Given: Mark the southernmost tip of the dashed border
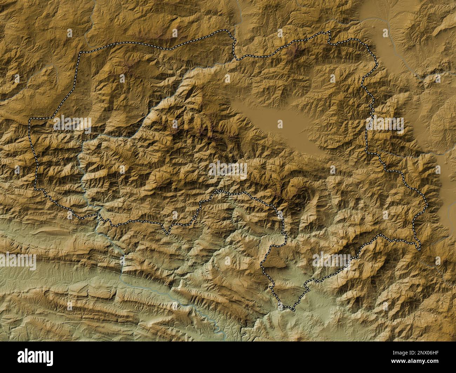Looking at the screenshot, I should click(x=292, y=310).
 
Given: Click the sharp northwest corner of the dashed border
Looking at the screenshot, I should click(x=80, y=53).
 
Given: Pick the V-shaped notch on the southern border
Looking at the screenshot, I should click(x=168, y=233).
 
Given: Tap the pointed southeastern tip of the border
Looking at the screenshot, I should click(x=419, y=249).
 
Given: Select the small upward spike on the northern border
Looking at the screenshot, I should click(x=329, y=32).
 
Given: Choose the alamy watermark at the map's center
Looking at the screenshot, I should click(x=228, y=169).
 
